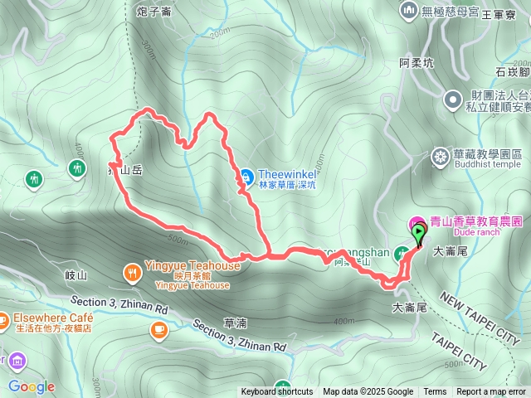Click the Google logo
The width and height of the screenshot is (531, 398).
pos(32,386)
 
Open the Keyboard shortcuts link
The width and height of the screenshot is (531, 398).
pos(277,392)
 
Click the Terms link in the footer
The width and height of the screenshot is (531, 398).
pos(435,392)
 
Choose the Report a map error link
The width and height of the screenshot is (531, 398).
pos(492,392)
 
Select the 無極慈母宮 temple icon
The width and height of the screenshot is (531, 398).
pos(407,10)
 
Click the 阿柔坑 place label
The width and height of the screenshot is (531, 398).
pos(417,62)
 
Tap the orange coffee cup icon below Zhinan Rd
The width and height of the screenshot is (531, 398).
pos(158,330)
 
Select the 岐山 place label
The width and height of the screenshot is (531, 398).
pos(75,274)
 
